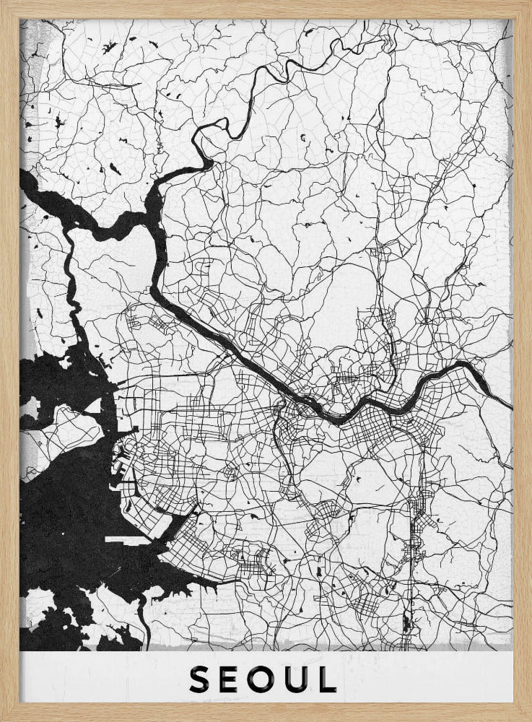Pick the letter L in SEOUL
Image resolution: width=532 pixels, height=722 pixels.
[328, 679]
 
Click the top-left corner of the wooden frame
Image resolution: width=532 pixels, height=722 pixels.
[2, 2]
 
